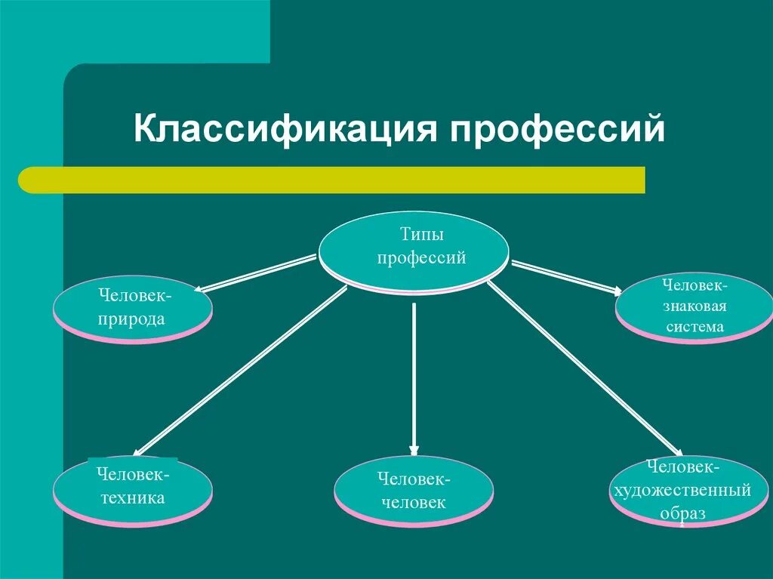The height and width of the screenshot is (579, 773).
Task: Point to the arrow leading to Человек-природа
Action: [x=257, y=274]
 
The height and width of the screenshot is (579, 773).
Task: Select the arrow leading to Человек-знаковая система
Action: [x=566, y=276]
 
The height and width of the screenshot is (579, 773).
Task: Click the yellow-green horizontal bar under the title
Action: [x=332, y=180]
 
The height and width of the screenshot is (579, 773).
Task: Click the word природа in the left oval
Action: [x=132, y=319]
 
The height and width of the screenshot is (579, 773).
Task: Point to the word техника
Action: [x=132, y=497]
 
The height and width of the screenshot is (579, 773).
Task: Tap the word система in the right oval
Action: [x=694, y=327]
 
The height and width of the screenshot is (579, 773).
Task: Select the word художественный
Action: [x=682, y=491]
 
